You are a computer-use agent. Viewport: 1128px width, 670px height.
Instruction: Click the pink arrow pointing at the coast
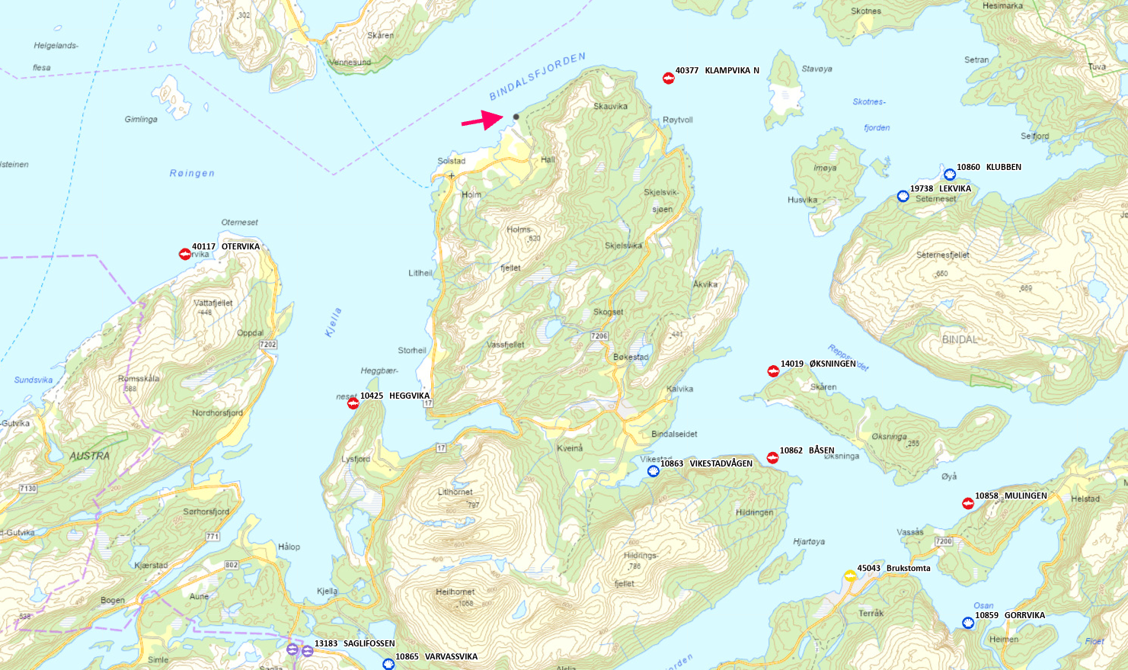click(x=481, y=120)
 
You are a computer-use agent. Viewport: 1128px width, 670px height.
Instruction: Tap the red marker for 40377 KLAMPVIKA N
click(x=668, y=78)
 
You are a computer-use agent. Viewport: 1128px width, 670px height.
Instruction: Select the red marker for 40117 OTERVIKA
click(x=184, y=254)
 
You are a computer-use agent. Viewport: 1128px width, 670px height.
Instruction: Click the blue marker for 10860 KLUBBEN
click(x=950, y=175)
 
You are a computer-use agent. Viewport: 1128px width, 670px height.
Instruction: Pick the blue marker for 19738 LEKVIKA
click(x=903, y=196)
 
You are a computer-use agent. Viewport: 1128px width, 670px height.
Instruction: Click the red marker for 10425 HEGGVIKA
click(x=353, y=403)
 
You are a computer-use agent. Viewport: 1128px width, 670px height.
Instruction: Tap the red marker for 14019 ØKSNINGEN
click(x=773, y=371)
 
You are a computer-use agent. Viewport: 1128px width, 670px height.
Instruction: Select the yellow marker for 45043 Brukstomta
click(x=849, y=575)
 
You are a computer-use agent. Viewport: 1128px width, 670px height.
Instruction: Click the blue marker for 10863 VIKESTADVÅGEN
click(x=653, y=471)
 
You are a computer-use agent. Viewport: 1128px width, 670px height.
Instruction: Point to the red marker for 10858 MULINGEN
click(x=968, y=503)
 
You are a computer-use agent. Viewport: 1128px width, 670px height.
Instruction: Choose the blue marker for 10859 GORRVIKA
click(x=968, y=623)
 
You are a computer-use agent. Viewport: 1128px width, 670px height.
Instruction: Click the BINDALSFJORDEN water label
click(x=538, y=76)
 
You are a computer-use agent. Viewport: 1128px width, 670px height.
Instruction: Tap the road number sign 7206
click(x=599, y=335)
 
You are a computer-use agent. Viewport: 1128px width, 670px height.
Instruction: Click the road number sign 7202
click(x=268, y=345)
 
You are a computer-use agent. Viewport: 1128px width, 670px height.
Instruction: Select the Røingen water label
click(x=192, y=173)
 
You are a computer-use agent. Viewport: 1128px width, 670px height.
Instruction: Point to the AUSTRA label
click(x=90, y=456)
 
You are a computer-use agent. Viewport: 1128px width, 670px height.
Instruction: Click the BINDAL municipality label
click(x=960, y=339)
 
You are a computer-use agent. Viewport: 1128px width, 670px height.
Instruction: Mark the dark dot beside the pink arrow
click(x=516, y=117)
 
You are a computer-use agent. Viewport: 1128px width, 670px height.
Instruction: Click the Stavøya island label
click(x=816, y=69)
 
